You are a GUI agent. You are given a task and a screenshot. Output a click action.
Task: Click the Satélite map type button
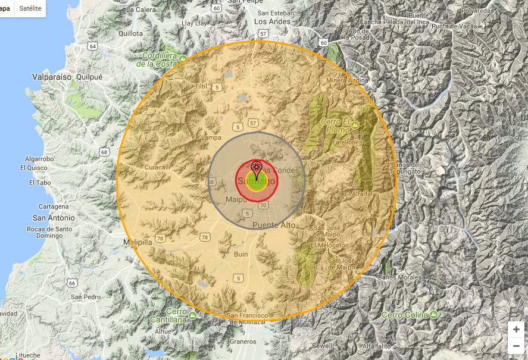pyautogui.click(x=30, y=8)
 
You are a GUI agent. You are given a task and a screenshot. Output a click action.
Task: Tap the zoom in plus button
pyautogui.click(x=515, y=329)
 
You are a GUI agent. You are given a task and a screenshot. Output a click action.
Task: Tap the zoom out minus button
pyautogui.click(x=515, y=346)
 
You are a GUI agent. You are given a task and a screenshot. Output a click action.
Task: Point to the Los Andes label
pyautogui.click(x=272, y=21)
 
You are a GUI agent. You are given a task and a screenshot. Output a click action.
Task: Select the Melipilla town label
pyautogui.click(x=138, y=242)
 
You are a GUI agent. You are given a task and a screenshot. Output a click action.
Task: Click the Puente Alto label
pyautogui.click(x=274, y=225)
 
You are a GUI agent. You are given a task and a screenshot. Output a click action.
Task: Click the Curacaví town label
pyautogui.click(x=158, y=167)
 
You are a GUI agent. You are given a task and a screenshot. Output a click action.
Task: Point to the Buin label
pyautogui.click(x=241, y=254)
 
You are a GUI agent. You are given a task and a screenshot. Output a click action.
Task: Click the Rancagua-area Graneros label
pyautogui.click(x=243, y=342)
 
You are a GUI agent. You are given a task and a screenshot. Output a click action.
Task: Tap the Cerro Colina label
pyautogui.click(x=405, y=314)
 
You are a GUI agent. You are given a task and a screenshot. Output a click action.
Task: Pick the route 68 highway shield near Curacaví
pyautogui.click(x=105, y=152)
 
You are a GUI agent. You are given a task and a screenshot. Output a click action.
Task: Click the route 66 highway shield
pyautogui.click(x=72, y=283)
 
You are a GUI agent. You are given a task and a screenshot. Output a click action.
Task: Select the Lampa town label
pyautogui.click(x=211, y=137)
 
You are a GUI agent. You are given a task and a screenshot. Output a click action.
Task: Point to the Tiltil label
pyautogui.click(x=200, y=86)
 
